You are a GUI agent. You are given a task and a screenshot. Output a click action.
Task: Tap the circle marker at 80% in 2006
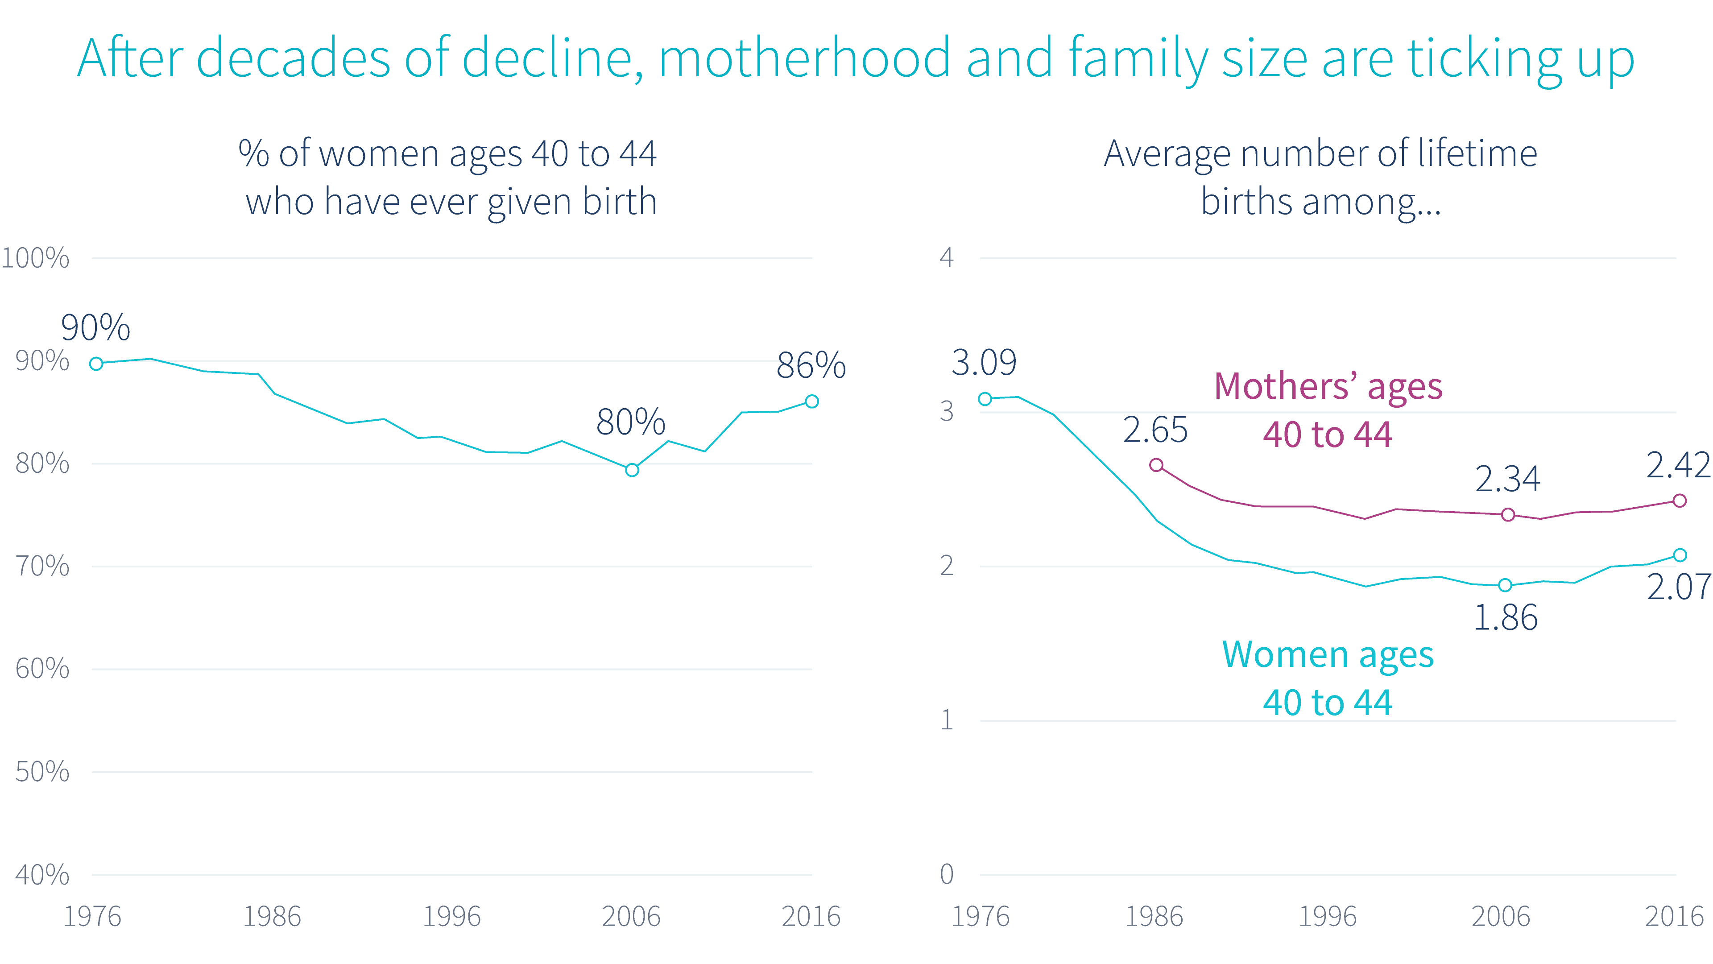tap(632, 470)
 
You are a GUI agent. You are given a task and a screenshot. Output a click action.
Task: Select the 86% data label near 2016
tap(811, 366)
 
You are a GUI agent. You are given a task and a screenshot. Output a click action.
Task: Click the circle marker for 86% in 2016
tap(811, 401)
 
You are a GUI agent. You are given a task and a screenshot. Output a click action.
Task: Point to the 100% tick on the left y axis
tap(35, 258)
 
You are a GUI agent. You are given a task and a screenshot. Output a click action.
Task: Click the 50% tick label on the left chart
tap(42, 772)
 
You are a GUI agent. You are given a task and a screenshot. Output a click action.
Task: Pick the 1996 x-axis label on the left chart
tap(451, 917)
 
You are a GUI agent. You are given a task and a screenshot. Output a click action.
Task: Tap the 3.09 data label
tap(984, 363)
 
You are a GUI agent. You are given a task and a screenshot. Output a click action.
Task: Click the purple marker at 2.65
tap(1156, 465)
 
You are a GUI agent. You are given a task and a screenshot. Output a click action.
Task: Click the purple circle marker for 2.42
tap(1679, 501)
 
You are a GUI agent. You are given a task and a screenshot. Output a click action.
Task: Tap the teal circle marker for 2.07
tap(1680, 555)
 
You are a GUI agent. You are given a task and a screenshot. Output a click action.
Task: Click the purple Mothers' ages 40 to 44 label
tap(1327, 410)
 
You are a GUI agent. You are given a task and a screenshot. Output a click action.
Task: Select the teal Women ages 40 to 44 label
tap(1327, 678)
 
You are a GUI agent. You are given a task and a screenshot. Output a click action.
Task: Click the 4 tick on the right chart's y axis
tap(946, 257)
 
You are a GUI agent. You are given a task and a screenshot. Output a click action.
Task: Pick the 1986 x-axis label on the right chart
tap(1154, 917)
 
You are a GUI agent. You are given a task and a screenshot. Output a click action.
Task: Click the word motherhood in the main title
tap(804, 58)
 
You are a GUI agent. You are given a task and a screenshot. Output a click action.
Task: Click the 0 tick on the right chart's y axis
tap(946, 874)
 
